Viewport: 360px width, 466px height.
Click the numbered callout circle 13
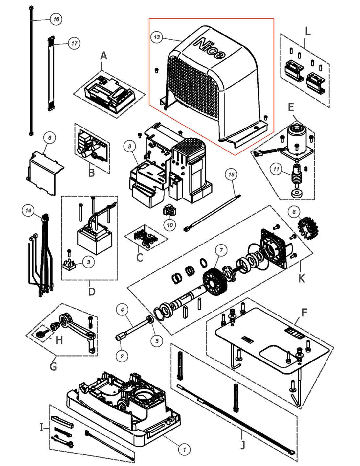pyautogui.click(x=157, y=37)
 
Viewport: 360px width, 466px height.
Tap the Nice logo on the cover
pyautogui.click(x=210, y=48)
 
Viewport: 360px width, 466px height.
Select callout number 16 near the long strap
pyautogui.click(x=56, y=19)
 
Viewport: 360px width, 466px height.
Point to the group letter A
pyautogui.click(x=103, y=56)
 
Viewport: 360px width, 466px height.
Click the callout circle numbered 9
pyautogui.click(x=129, y=146)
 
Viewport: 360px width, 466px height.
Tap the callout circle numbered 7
pyautogui.click(x=221, y=250)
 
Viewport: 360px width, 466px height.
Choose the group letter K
pyautogui.click(x=302, y=278)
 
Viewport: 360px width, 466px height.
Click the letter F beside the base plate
pyautogui.click(x=304, y=312)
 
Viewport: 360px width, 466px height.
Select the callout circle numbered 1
pyautogui.click(x=184, y=449)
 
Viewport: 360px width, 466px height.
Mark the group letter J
pyautogui.click(x=243, y=445)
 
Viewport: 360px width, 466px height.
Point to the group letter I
pyautogui.click(x=42, y=428)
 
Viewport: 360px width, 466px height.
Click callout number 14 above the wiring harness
pyautogui.click(x=28, y=210)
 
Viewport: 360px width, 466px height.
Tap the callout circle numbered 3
pyautogui.click(x=88, y=262)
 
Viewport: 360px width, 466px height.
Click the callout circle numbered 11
pyautogui.click(x=276, y=169)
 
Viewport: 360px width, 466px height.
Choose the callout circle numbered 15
pyautogui.click(x=232, y=175)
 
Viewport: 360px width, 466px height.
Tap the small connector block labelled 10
pyautogui.click(x=169, y=210)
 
